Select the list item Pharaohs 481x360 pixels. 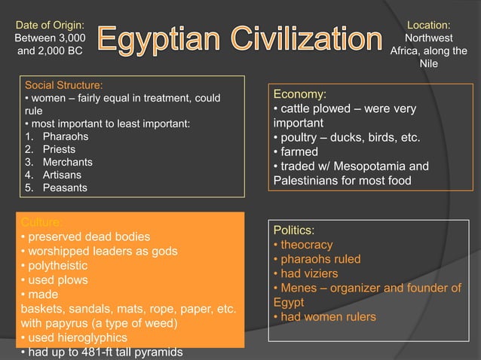click(x=66, y=136)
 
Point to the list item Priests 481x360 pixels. click(x=60, y=149)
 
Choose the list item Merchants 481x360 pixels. click(x=68, y=162)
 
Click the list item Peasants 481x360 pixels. click(x=66, y=188)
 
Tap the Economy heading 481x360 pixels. click(x=299, y=94)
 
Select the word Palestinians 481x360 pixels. click(x=308, y=180)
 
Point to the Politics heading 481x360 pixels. click(x=294, y=230)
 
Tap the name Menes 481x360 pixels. click(x=298, y=288)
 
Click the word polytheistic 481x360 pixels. click(x=58, y=266)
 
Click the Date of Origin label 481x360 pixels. click(x=50, y=26)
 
